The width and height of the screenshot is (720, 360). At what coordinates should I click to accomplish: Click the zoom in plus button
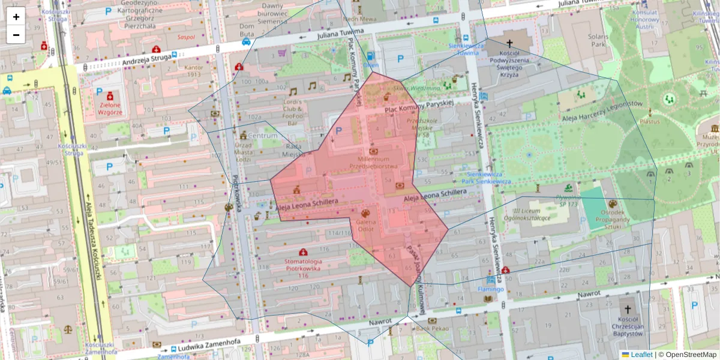tap(16, 17)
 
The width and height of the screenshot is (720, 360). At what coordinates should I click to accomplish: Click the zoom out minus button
tap(16, 35)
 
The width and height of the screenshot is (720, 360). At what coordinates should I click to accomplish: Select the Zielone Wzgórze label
tap(111, 108)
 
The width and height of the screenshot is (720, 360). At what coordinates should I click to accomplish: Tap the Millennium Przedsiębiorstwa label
tap(374, 162)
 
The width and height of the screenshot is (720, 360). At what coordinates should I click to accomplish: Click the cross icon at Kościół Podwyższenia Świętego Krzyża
tap(510, 43)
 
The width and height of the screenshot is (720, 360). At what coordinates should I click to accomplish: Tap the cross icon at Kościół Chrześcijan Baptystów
tap(628, 310)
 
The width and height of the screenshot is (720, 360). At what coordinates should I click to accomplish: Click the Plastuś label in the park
tap(649, 121)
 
